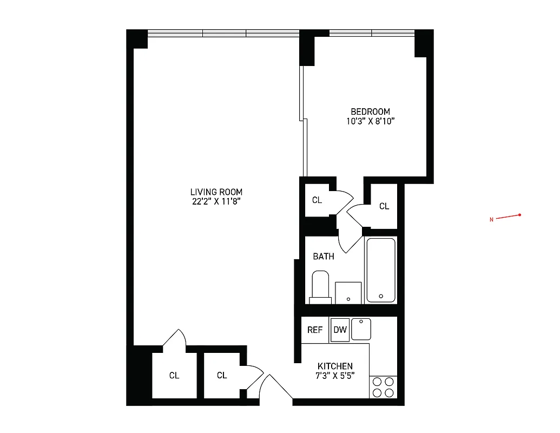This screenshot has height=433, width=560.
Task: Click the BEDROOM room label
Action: click(370, 111)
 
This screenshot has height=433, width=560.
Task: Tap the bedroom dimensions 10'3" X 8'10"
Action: click(370, 121)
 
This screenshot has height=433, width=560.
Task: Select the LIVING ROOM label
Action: click(216, 192)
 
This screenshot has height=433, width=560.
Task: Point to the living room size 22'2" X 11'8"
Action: click(216, 202)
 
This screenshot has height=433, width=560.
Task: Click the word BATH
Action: click(324, 257)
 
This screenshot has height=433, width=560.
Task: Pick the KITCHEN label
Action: click(335, 366)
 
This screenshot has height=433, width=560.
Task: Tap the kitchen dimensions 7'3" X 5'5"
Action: click(335, 376)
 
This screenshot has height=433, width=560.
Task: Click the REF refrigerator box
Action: click(315, 330)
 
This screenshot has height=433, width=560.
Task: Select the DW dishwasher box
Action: click(340, 330)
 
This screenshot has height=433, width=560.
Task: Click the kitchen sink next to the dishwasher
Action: click(360, 329)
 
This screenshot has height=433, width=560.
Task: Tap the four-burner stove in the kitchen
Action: click(383, 387)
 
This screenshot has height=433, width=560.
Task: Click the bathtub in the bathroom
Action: click(381, 270)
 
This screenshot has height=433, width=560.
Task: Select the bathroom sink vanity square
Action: click(348, 293)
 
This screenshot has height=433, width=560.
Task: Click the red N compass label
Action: click(491, 220)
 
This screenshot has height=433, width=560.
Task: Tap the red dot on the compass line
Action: click(519, 215)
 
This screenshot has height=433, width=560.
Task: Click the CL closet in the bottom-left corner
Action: click(174, 375)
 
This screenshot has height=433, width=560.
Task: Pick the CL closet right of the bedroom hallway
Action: click(384, 206)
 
